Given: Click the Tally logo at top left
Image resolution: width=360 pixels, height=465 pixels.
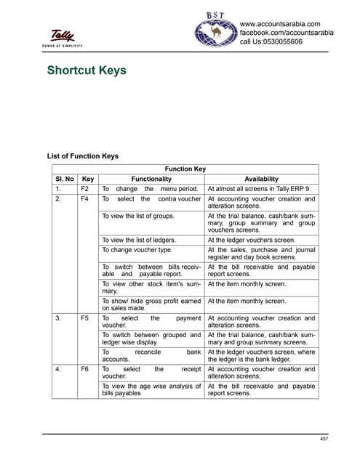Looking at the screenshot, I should tap(64, 36).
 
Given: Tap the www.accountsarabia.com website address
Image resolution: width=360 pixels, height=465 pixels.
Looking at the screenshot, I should tap(280, 25).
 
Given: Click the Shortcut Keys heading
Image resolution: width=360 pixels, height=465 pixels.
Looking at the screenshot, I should tap(87, 70).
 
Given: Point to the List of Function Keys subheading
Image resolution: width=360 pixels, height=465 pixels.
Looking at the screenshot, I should tap(82, 156).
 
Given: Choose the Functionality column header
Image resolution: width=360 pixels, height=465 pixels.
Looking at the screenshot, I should tap(151, 179).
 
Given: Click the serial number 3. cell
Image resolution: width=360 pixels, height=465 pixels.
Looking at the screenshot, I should tap(57, 318).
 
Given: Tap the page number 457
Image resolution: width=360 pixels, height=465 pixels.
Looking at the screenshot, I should tap(324, 438).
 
